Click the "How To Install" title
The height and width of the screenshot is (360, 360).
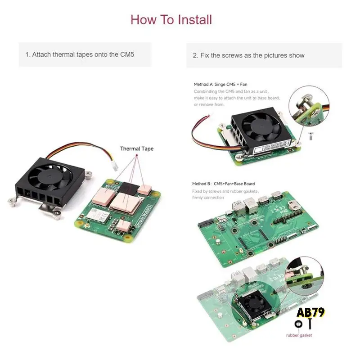(171, 20)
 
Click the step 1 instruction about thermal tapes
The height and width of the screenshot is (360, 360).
(80, 54)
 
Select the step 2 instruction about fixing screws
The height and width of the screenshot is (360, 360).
(248, 55)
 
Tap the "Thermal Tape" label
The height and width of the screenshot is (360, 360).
(137, 148)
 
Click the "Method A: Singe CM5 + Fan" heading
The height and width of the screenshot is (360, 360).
(220, 84)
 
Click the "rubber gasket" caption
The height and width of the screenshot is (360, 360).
(299, 335)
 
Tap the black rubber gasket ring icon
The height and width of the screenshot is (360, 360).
(298, 324)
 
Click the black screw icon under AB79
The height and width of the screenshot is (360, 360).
(310, 324)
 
